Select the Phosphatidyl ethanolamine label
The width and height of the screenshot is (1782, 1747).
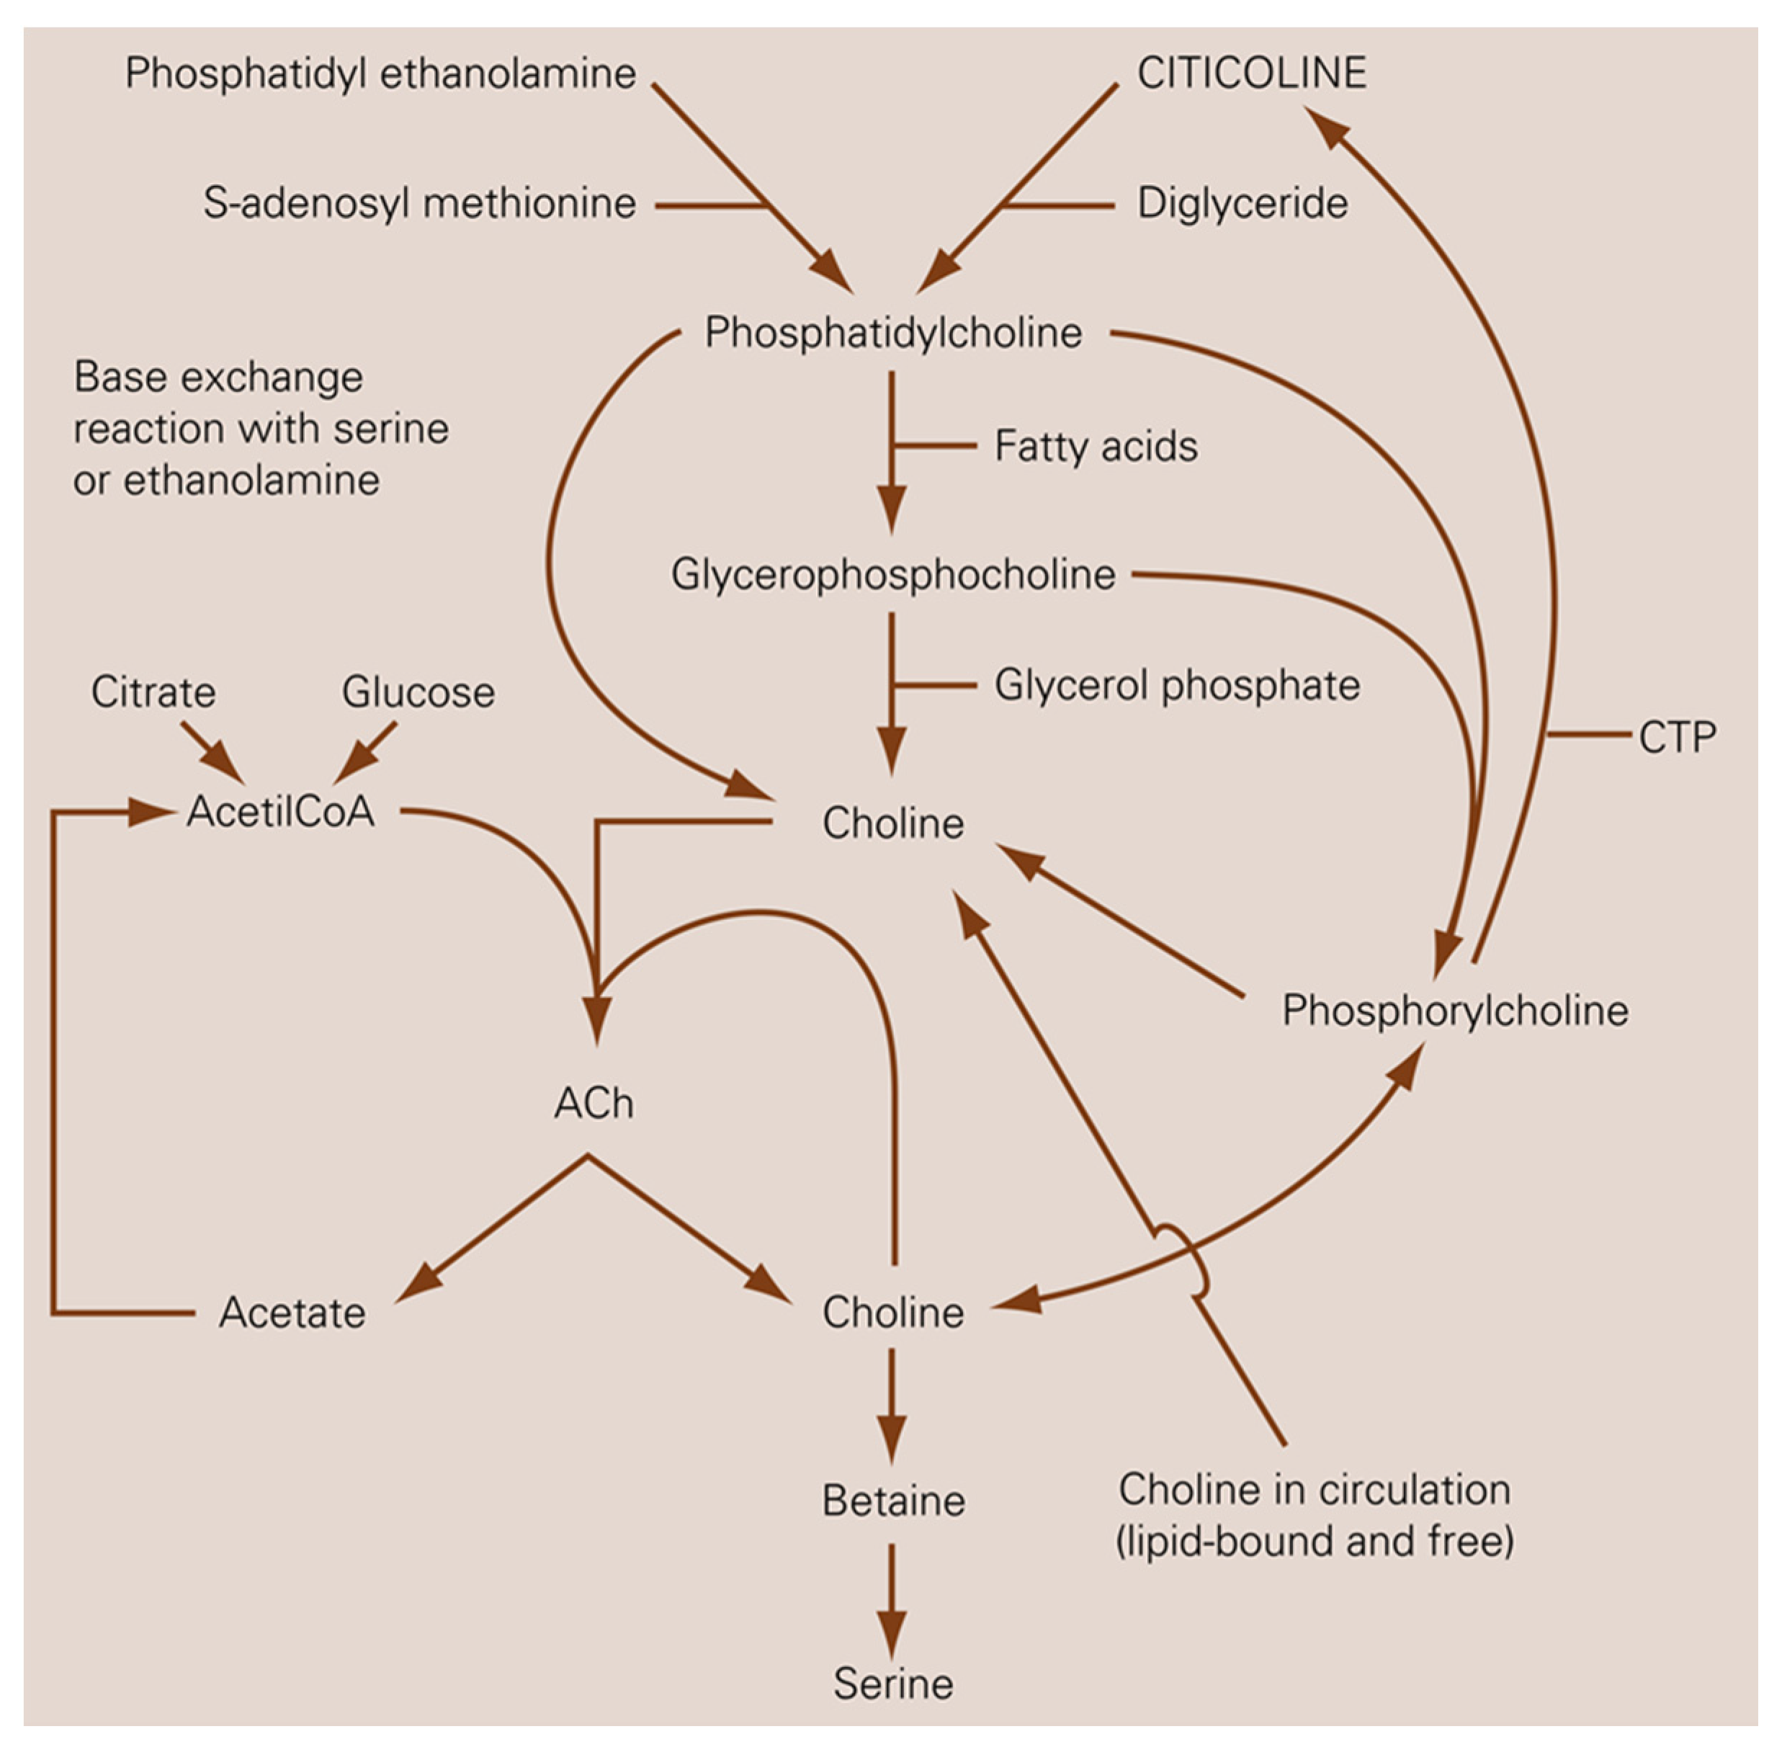[380, 73]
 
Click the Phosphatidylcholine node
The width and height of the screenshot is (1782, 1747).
[893, 332]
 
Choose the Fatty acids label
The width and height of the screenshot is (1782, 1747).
[1096, 447]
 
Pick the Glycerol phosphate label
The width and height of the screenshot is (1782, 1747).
[1176, 685]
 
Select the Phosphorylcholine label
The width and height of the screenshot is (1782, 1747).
[1454, 1010]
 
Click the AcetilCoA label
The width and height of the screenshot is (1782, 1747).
[281, 811]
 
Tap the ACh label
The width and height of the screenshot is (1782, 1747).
[594, 1104]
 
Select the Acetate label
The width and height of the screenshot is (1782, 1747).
[292, 1313]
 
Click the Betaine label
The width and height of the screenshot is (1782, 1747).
[893, 1501]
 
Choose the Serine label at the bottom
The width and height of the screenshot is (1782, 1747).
[893, 1684]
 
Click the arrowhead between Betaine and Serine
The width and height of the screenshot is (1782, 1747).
[891, 1636]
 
